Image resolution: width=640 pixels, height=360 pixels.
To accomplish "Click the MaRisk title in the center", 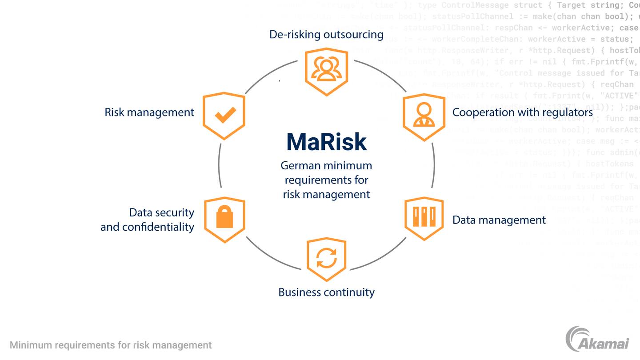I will coord(326,142).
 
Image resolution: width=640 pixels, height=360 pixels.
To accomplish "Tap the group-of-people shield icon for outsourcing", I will coord(326,71).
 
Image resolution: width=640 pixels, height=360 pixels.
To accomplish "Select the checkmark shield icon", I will coord(224,116).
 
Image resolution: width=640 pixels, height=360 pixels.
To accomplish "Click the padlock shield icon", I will coord(224,220).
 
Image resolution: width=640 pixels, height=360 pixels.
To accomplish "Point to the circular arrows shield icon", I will coord(326,259).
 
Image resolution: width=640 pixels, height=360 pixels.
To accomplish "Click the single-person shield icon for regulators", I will coord(424,116).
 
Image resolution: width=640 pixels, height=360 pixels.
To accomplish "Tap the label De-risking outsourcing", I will coord(326,34).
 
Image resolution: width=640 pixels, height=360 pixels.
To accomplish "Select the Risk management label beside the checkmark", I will coord(149,112).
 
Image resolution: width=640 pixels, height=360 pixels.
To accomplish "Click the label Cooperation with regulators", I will coord(522,112).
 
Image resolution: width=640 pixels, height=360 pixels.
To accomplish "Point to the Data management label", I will coord(499,220).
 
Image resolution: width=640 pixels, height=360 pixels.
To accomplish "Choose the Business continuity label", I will coord(326,292).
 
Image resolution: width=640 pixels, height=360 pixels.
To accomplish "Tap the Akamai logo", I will coord(597,339).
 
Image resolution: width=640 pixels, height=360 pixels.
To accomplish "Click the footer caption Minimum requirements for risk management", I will coord(111,345).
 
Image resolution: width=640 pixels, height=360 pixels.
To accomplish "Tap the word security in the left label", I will coord(176,212).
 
